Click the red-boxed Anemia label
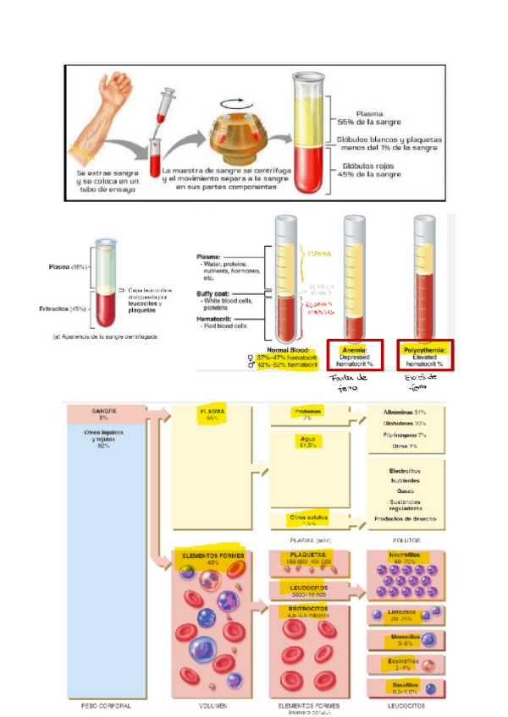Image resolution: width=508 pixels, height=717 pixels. (x=353, y=355)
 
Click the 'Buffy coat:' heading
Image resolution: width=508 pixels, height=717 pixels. (x=213, y=294)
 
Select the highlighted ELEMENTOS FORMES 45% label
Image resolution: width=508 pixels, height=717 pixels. (x=213, y=558)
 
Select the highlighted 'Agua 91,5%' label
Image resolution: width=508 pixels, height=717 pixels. (x=307, y=443)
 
